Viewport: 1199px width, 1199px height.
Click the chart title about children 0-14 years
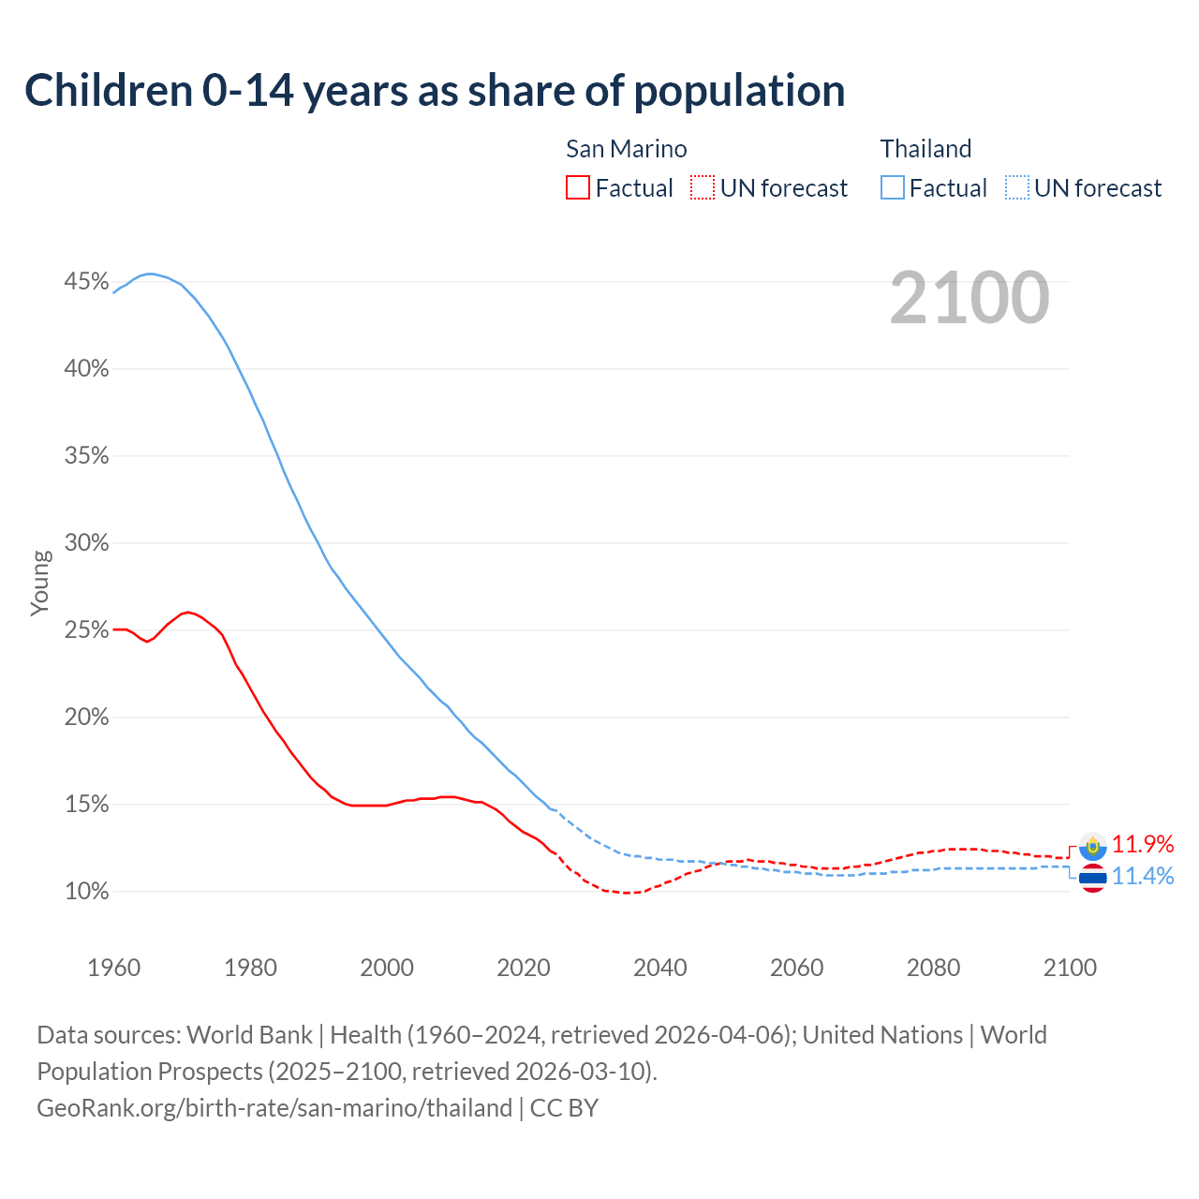(435, 91)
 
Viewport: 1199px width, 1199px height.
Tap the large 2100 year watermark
(970, 298)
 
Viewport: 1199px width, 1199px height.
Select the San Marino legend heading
(626, 149)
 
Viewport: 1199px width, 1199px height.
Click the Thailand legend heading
(925, 149)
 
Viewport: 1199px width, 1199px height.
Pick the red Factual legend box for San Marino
(578, 188)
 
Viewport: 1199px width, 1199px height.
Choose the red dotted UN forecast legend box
(703, 188)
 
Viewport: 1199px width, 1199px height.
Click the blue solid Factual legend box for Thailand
(893, 188)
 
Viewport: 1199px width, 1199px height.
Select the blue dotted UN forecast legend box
(1016, 188)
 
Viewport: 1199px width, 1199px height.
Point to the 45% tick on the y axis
(86, 282)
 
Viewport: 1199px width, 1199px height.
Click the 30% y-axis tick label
(86, 543)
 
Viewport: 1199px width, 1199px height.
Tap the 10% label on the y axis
(86, 892)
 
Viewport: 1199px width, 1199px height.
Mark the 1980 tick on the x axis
(250, 968)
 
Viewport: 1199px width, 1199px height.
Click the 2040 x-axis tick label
(659, 968)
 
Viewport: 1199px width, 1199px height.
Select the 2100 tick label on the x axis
(1070, 968)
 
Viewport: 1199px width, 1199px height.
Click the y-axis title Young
(40, 583)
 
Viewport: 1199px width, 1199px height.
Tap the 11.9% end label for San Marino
(1143, 844)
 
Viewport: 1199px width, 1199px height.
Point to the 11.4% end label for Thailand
(1143, 876)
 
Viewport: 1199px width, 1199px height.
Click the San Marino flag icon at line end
(1092, 847)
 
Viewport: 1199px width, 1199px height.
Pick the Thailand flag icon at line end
(1092, 879)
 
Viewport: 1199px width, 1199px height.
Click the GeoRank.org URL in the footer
(274, 1108)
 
